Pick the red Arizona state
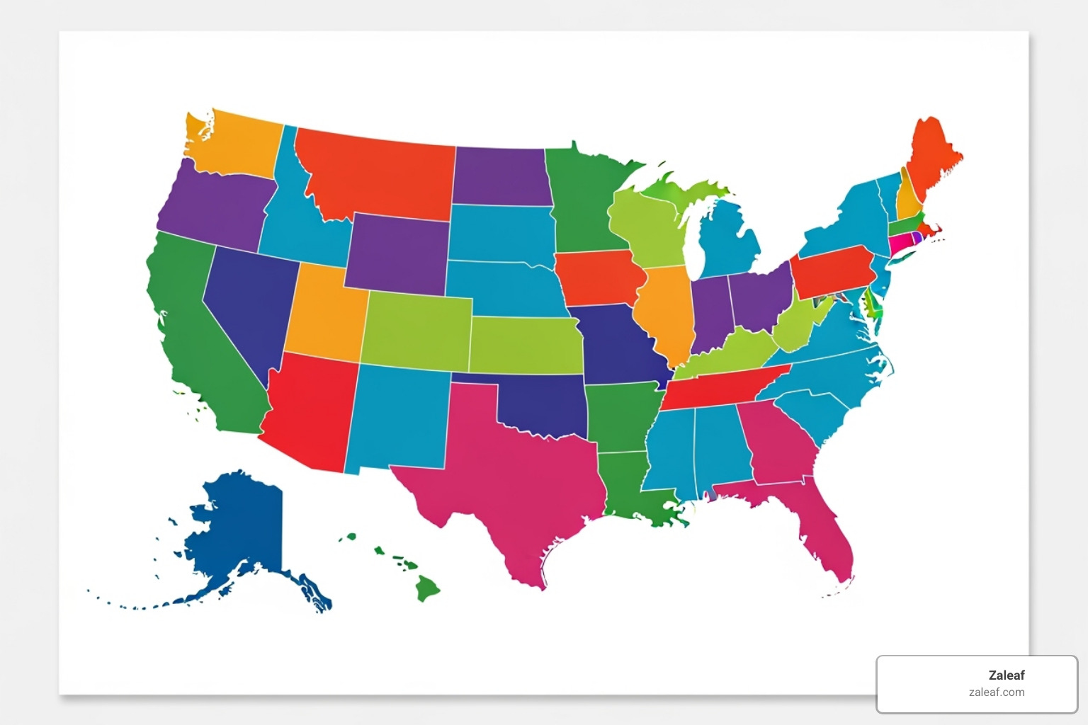tap(308, 411)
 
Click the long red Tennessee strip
tap(715, 389)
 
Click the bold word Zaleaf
tap(1006, 675)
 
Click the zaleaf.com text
tap(996, 692)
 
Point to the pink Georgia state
tap(776, 443)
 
